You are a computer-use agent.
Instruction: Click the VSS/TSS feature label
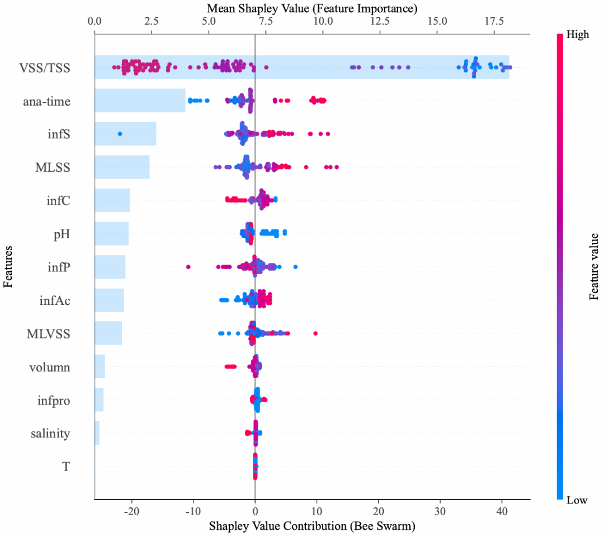47,69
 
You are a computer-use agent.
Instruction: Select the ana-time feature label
47,102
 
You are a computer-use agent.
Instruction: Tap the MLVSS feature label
49,335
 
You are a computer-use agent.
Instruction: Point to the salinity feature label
50,434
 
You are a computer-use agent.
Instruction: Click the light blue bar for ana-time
140,100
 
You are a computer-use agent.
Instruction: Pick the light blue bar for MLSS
122,167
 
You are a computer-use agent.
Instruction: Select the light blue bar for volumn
100,366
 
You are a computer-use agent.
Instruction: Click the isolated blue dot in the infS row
120,134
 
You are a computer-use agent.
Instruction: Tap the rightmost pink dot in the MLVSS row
315,333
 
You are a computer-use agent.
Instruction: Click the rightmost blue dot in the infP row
295,266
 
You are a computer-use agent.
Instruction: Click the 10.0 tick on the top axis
323,21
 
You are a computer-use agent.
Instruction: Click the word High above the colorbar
578,35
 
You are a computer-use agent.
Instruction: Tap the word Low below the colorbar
577,500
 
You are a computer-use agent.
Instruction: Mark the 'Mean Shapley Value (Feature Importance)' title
312,8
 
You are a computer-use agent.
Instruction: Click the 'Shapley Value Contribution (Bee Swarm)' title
312,526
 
